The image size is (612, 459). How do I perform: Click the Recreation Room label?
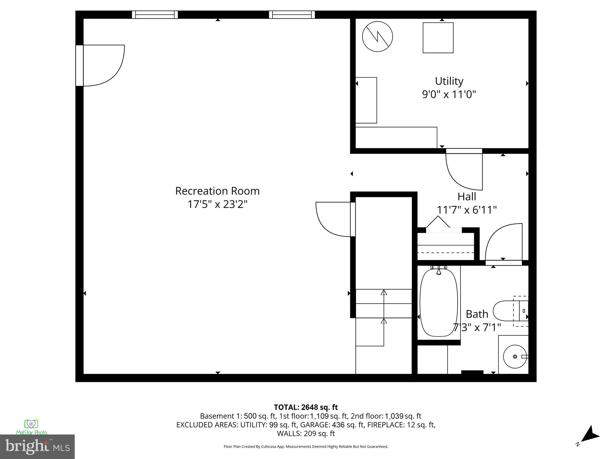(x=217, y=191)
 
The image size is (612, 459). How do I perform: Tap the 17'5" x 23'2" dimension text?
(x=217, y=204)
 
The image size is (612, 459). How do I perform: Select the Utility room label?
(x=449, y=81)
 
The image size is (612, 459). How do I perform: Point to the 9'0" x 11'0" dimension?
(x=449, y=94)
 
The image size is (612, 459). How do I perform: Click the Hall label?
(x=467, y=197)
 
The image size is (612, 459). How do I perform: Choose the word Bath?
(x=477, y=314)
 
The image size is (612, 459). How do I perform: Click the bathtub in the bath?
(x=439, y=302)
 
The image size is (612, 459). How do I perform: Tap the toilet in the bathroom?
(x=508, y=311)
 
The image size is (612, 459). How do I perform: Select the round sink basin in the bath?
(x=515, y=356)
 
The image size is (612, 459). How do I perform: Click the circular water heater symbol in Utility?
(x=377, y=37)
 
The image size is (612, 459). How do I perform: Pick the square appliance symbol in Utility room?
(x=438, y=38)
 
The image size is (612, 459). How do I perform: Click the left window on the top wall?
(x=155, y=15)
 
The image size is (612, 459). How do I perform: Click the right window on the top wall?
(x=292, y=15)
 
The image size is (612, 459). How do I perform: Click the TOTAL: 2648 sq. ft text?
(x=306, y=407)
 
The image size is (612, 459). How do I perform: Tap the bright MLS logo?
(x=37, y=446)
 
